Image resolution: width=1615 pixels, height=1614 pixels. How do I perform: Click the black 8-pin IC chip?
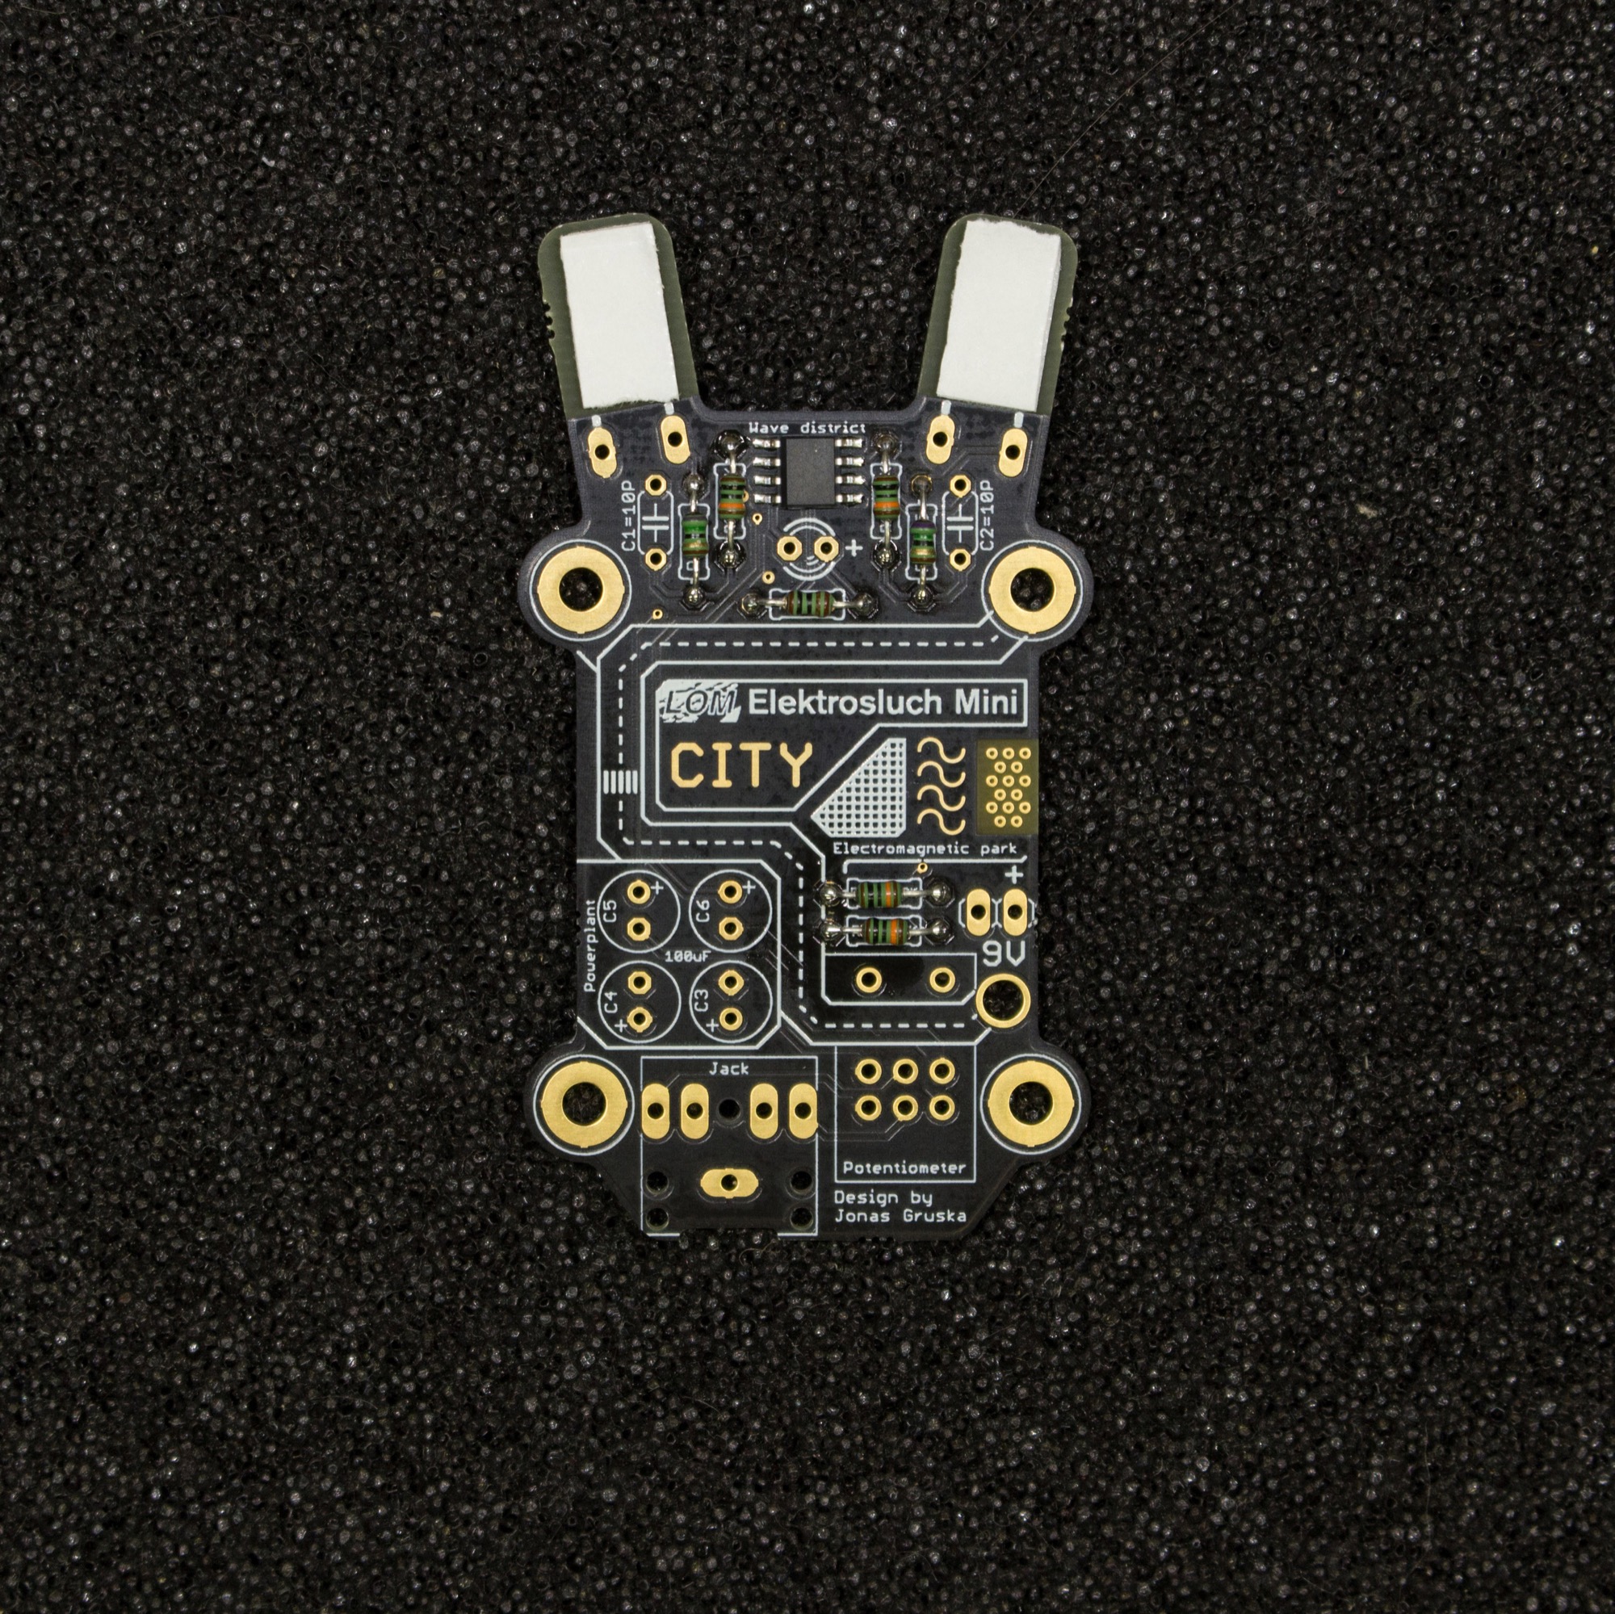(807, 474)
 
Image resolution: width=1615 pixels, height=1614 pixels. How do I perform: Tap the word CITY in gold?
(741, 764)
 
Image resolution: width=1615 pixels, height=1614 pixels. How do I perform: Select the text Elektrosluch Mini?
(883, 702)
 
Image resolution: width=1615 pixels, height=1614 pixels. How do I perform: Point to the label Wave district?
(807, 427)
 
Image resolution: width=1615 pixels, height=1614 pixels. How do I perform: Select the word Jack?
(728, 1067)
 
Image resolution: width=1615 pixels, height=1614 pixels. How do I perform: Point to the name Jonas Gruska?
(900, 1216)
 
